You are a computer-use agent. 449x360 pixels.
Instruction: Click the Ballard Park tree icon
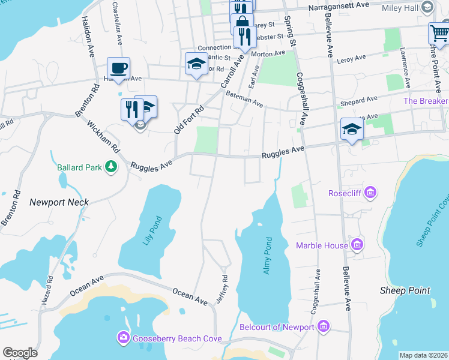tap(110, 167)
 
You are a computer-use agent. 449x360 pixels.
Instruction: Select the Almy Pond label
tap(268, 256)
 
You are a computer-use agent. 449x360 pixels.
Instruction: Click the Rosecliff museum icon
tap(370, 193)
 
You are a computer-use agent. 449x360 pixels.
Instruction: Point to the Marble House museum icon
tap(357, 244)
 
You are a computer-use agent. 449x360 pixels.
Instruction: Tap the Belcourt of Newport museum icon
tap(324, 326)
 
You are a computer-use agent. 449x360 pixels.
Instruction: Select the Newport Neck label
tap(59, 202)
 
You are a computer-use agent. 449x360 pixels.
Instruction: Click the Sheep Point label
tap(405, 290)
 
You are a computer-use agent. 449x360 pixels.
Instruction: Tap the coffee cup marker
tap(118, 68)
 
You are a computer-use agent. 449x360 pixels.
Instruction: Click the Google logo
tap(20, 353)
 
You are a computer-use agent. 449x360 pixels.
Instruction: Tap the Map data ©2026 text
tap(423, 355)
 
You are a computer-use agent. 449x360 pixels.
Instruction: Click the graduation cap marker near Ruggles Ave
tap(352, 128)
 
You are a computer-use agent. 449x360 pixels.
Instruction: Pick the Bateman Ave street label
tap(244, 99)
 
